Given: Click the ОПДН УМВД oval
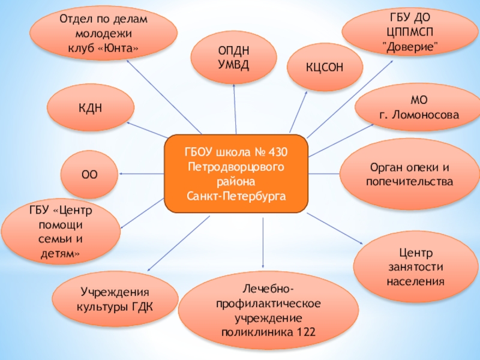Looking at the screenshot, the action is click(x=233, y=58).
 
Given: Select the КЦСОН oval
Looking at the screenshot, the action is click(x=325, y=68).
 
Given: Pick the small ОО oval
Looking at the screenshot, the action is click(x=90, y=174).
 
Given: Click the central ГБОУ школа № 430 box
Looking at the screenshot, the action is click(x=236, y=173).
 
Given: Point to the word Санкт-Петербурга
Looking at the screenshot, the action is click(x=236, y=196).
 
